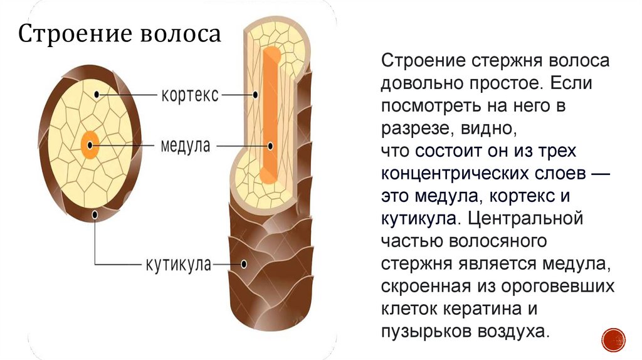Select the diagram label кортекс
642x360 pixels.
pos(190,95)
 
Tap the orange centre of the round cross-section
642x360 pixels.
pos(90,146)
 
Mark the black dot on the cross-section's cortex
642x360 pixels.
pos(96,95)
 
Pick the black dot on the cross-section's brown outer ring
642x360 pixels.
pos(95,214)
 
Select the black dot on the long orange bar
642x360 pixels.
pos(270,146)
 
